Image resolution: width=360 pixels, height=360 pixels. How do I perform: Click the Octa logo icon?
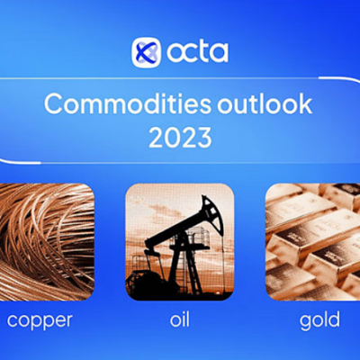[147, 52]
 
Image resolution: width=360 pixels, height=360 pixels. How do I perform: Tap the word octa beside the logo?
[197, 52]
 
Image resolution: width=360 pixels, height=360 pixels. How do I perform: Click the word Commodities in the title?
[128, 104]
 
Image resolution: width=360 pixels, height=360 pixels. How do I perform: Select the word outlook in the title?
[265, 104]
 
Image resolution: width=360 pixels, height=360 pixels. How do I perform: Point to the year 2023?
[180, 139]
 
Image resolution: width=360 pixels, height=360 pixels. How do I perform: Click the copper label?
[40, 321]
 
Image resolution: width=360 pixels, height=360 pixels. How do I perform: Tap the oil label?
[180, 319]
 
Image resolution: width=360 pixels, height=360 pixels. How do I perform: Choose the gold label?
[319, 320]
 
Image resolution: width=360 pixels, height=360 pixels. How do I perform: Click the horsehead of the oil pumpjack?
[214, 214]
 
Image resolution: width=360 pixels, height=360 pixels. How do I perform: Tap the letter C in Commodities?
[54, 104]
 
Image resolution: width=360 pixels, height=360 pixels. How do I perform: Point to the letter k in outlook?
[305, 103]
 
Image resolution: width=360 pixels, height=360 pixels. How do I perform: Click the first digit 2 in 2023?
[156, 139]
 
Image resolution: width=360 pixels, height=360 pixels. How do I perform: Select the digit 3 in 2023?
[204, 139]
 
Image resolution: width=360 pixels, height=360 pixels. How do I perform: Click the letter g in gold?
[306, 323]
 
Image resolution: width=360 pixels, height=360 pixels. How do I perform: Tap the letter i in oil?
[183, 319]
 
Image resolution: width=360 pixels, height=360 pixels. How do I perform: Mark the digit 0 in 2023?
[172, 139]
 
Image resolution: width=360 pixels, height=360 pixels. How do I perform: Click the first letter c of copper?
[13, 320]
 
